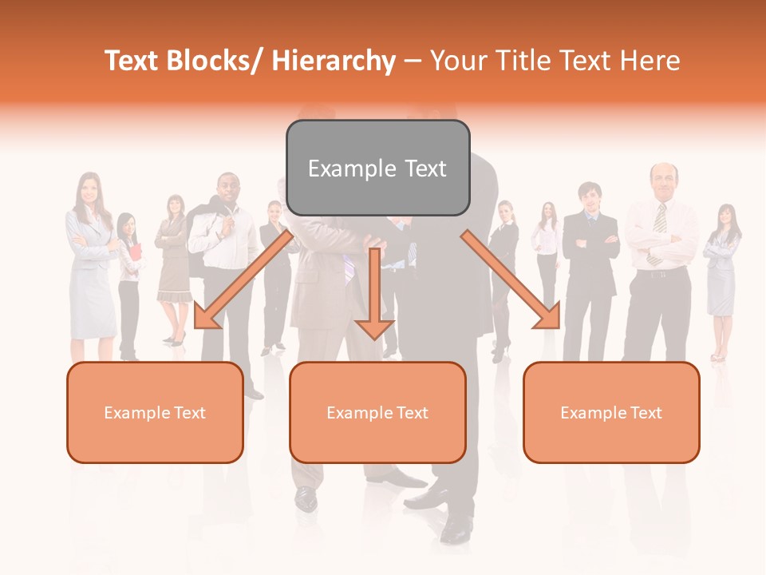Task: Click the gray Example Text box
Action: tap(377, 168)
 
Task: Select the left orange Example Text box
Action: tap(155, 412)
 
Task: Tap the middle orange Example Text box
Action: tap(377, 412)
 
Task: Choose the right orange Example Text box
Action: tap(611, 412)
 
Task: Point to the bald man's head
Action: tap(663, 180)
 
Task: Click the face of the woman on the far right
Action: tap(725, 215)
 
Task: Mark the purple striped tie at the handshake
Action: tap(349, 269)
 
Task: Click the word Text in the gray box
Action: tap(425, 169)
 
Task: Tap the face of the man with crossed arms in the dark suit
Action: tap(590, 196)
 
